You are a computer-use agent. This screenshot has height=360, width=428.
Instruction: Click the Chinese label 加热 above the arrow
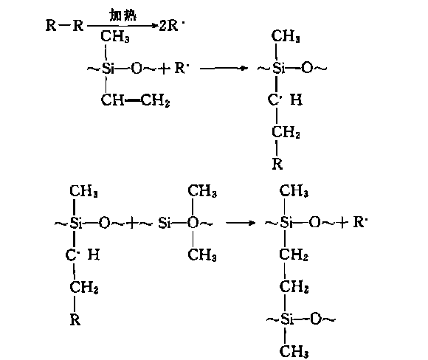122,15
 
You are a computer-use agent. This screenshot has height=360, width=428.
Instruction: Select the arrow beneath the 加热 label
122,26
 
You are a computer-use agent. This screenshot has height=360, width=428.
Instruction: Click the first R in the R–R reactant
51,25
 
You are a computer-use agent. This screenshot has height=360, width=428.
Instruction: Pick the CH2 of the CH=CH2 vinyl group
155,100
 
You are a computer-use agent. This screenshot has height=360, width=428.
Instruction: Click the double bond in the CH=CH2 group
133,101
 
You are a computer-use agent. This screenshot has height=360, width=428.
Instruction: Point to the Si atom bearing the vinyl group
108,68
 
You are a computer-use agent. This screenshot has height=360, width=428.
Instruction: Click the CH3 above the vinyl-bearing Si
115,36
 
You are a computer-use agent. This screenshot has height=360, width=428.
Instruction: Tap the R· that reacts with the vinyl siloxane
179,67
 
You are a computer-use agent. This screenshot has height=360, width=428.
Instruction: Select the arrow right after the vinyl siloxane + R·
224,68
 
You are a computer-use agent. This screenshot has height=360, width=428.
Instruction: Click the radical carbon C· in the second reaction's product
274,100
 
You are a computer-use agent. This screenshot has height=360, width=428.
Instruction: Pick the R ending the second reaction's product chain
277,164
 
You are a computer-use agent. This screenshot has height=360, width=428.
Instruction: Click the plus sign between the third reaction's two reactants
132,224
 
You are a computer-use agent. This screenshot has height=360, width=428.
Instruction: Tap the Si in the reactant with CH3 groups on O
165,224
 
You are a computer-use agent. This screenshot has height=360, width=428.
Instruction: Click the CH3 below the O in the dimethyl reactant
202,255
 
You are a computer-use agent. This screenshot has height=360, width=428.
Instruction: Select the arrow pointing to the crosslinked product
241,223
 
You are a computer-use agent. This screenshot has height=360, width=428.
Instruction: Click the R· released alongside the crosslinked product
360,222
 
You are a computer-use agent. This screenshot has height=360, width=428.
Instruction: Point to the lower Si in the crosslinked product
287,319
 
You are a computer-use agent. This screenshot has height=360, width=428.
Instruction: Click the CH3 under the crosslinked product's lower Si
294,351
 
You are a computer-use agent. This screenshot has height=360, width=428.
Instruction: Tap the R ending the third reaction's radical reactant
75,319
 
